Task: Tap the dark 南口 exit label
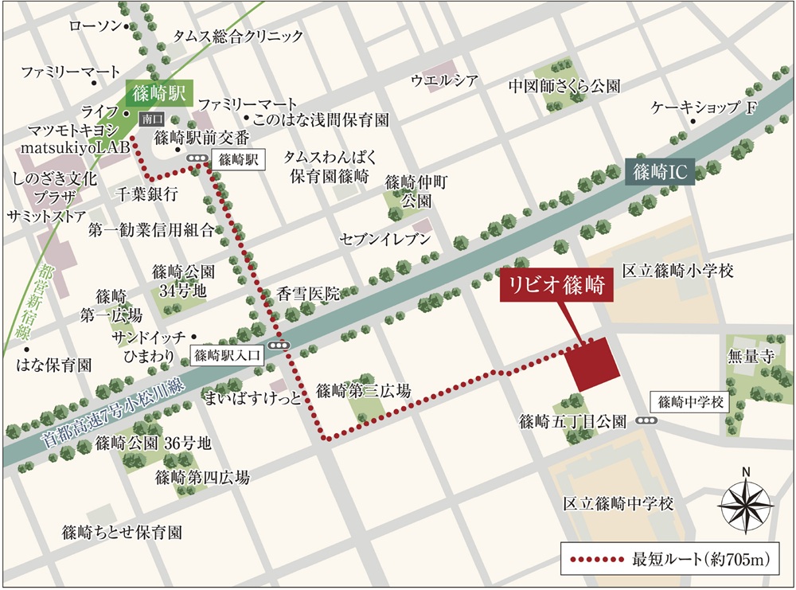pyautogui.click(x=150, y=118)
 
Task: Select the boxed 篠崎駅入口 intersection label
pyautogui.click(x=227, y=355)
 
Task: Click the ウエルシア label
pyautogui.click(x=444, y=80)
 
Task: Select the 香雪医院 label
pyautogui.click(x=309, y=293)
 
